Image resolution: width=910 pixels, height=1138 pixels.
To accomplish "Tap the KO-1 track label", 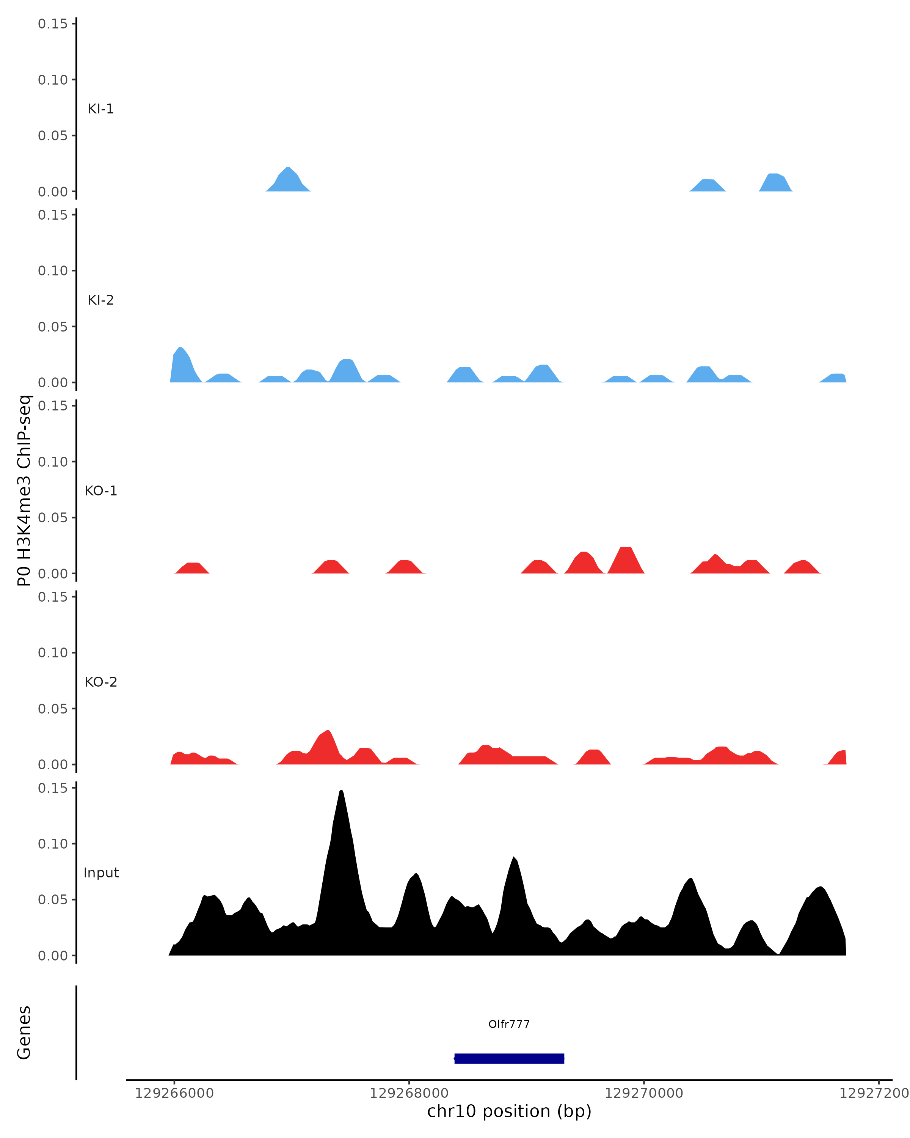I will (101, 491).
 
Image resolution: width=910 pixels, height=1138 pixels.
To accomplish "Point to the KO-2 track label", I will (101, 682).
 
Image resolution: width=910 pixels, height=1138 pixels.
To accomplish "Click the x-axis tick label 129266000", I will (174, 1093).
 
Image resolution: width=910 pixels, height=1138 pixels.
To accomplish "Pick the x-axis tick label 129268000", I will (409, 1093).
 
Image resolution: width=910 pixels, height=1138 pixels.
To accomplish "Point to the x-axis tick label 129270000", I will (643, 1093).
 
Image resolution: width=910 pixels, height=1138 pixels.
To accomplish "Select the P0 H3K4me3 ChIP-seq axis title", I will (24, 490).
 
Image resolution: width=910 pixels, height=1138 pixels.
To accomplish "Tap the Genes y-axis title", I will (24, 1033).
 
